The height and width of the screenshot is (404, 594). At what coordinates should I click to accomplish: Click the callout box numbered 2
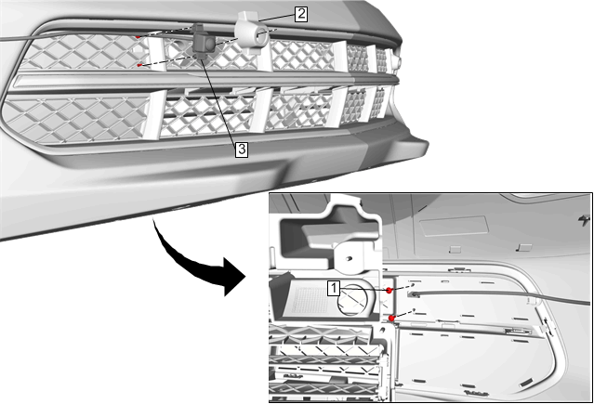tap(301, 14)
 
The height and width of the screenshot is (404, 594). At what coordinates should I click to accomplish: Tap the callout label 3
tap(242, 150)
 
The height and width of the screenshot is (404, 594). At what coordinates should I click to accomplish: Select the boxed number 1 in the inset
tap(334, 288)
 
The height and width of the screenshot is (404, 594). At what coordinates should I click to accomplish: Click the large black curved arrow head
tap(234, 277)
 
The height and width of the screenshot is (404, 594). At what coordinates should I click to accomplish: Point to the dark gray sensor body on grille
tap(203, 43)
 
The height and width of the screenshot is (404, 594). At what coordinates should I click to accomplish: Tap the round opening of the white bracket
tap(261, 36)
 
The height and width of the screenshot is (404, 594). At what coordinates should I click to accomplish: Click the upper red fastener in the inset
tap(389, 291)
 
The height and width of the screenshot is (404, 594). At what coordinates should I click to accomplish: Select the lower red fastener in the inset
tap(391, 318)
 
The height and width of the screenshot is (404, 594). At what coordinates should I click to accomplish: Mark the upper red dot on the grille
tap(138, 37)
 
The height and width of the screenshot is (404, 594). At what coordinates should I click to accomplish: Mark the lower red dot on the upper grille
tap(139, 66)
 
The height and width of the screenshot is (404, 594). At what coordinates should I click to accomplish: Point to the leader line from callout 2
tap(276, 17)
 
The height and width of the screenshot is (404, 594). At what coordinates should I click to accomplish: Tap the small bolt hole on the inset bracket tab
tap(350, 258)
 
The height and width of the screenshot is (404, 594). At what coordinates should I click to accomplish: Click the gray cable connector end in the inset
tap(414, 293)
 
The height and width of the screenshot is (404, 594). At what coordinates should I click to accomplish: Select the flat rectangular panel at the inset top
tap(454, 227)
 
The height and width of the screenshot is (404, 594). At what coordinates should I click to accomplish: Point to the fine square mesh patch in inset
tap(310, 299)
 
